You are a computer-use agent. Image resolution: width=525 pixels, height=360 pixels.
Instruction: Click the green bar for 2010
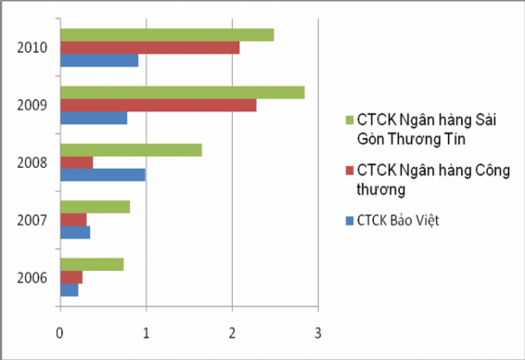coord(167,35)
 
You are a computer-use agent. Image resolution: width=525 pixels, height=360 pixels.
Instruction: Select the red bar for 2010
coord(149,47)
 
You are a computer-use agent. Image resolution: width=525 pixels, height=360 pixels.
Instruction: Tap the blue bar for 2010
coord(99,60)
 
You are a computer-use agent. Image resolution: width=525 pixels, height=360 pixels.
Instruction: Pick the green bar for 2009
coord(182,93)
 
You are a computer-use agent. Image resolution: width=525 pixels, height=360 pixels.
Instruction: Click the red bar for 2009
coord(158,105)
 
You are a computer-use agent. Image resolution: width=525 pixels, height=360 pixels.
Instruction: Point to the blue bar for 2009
coord(94,118)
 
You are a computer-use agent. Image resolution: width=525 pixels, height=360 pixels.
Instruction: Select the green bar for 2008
coord(131,150)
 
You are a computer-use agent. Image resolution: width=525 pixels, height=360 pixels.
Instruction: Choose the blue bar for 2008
coord(103,174)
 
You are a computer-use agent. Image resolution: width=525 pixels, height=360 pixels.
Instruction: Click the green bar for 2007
coord(95,207)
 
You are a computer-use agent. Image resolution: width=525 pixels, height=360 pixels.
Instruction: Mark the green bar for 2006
coord(92,264)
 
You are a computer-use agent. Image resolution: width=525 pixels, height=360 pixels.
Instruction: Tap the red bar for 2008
coord(76,162)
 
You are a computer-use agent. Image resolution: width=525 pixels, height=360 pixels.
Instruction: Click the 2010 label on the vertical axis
coord(33,47)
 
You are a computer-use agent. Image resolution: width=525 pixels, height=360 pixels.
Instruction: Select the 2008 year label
coord(33,162)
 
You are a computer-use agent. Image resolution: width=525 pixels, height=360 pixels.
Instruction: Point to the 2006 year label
coord(33,277)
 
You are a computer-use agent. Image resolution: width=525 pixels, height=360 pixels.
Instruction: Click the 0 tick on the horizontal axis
coord(60,331)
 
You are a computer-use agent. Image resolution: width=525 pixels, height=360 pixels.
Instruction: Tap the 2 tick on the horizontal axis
coord(232,331)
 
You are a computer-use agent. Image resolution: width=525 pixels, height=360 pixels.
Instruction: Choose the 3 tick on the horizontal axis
coord(318,331)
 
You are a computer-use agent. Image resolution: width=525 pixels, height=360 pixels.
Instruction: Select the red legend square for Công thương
coord(349,170)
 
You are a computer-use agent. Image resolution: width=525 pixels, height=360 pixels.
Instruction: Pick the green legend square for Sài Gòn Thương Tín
coord(349,120)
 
